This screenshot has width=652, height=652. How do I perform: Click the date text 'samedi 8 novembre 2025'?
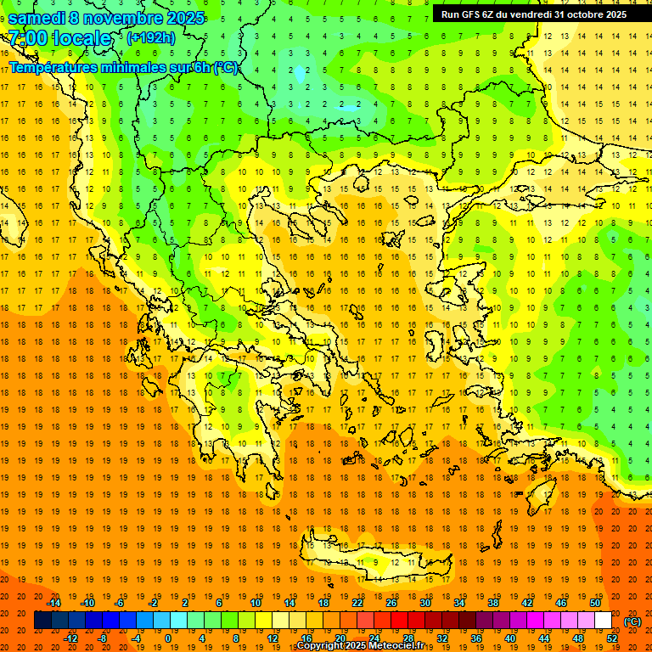coord(106,17)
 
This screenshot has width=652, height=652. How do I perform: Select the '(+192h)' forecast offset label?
coord(151,38)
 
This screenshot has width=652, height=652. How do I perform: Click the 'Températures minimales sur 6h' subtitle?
coord(124,67)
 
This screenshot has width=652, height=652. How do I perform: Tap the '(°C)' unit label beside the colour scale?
coord(632,621)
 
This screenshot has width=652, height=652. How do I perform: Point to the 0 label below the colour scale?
coord(167,638)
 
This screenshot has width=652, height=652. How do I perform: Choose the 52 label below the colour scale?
coord(612,638)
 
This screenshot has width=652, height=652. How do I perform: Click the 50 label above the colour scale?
coord(595,603)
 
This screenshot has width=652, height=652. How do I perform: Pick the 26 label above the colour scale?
coord(391,603)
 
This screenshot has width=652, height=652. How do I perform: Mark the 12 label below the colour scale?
coord(273,638)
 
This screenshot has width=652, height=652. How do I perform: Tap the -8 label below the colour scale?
coord(102,638)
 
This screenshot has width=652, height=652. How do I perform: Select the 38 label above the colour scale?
coord(493,603)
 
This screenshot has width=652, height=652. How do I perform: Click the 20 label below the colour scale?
coord(340,638)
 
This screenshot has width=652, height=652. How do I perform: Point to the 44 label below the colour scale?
coord(544,638)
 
